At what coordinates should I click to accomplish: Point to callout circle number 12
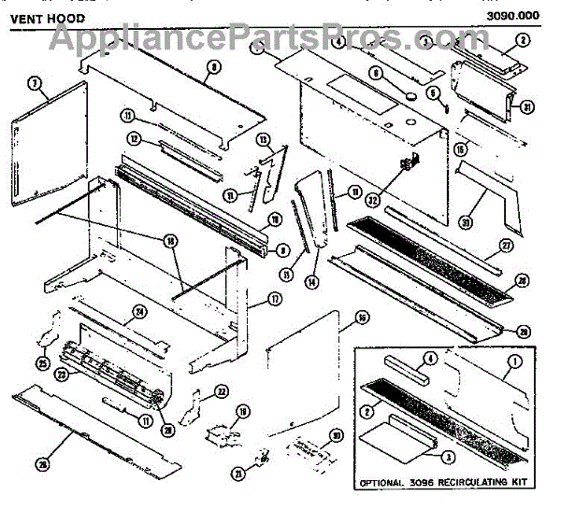tap(135, 139)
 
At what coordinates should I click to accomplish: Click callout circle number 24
tap(139, 313)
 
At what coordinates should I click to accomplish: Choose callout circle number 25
tap(42, 362)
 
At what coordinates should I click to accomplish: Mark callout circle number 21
tap(238, 474)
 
